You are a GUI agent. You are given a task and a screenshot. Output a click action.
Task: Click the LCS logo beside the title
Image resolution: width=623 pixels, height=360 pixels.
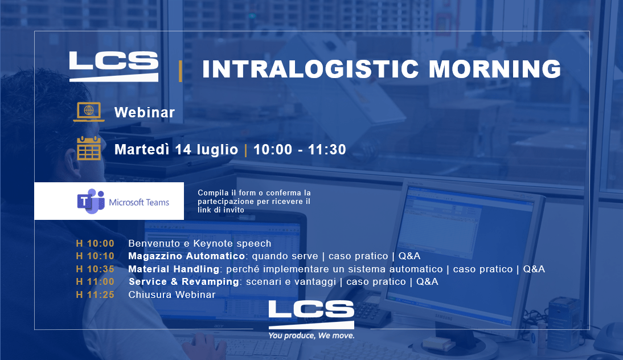(114, 66)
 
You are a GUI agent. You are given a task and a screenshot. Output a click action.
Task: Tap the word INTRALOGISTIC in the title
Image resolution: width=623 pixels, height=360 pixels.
(310, 69)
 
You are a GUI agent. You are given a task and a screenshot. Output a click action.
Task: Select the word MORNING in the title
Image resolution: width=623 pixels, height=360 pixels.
(495, 69)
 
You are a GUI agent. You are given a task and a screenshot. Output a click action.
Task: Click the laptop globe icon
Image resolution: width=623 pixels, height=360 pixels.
(89, 112)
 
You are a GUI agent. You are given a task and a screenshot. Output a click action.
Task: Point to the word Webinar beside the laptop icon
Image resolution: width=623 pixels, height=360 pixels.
(145, 112)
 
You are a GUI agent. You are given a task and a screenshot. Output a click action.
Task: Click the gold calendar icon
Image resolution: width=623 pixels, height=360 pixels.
(89, 148)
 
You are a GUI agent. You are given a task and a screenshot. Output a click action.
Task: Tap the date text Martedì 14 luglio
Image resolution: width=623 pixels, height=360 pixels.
(176, 149)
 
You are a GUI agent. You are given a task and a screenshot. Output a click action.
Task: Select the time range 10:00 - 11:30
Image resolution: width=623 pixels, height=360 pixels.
(300, 149)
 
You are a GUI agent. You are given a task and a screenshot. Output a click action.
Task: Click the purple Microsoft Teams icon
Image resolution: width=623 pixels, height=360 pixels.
(91, 202)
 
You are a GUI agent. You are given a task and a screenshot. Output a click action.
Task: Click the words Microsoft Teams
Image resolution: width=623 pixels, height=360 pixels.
(139, 202)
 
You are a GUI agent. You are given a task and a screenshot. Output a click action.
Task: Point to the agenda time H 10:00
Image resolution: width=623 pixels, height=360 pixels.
(95, 243)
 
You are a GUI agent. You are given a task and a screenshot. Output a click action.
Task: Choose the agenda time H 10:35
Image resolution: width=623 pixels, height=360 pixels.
(95, 269)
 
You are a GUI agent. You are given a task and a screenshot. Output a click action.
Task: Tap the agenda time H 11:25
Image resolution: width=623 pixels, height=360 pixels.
(95, 294)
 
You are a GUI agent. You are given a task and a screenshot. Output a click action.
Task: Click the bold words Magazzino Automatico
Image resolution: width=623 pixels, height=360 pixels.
(186, 256)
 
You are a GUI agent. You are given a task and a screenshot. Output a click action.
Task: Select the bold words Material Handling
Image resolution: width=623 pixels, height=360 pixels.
(174, 269)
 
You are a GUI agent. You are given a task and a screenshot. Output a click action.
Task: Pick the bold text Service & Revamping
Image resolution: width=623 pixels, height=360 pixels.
(184, 282)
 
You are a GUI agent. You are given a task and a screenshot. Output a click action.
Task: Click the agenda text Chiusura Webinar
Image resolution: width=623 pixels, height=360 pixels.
(171, 294)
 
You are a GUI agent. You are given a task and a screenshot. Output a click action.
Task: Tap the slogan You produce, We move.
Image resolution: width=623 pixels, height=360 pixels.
(311, 336)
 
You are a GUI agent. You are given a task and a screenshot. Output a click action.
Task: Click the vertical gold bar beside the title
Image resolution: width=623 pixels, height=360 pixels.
(181, 71)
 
